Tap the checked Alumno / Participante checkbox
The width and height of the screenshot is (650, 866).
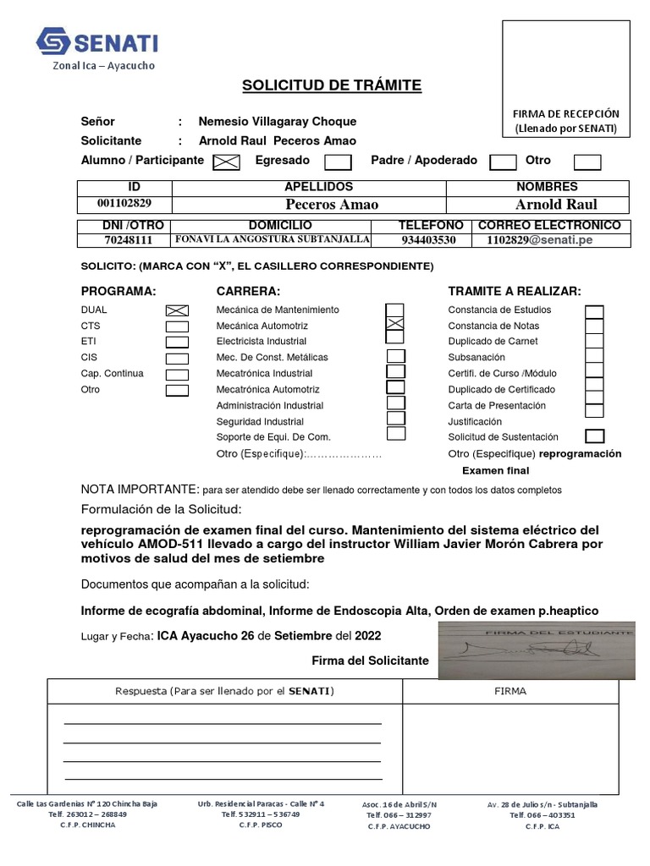tap(226, 161)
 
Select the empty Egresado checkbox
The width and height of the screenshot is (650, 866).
tap(339, 161)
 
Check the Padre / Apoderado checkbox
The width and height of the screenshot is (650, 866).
tap(504, 161)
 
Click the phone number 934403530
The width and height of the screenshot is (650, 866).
tap(428, 240)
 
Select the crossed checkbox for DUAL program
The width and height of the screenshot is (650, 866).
tap(177, 310)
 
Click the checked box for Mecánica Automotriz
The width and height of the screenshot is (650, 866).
tap(394, 326)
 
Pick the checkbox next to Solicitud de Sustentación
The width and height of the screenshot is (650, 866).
tap(595, 436)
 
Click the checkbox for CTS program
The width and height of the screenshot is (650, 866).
tap(177, 326)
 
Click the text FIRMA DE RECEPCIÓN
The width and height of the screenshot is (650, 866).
tap(566, 113)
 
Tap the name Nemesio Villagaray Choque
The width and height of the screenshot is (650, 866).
tap(277, 121)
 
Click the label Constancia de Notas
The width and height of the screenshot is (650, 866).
tap(493, 326)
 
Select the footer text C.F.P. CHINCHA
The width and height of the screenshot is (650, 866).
tap(87, 825)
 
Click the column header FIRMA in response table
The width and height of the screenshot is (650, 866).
tap(510, 691)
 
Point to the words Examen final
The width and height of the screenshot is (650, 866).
tap(495, 470)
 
